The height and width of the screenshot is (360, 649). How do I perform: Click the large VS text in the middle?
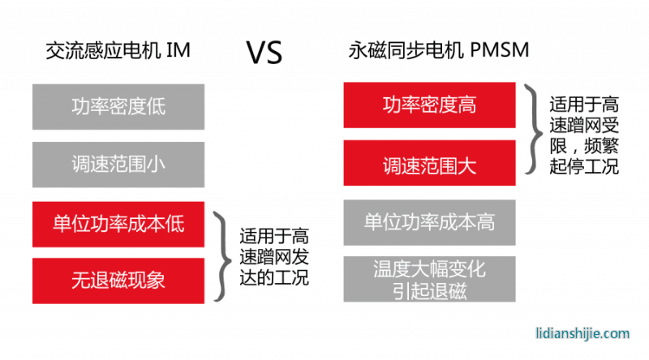click(264, 54)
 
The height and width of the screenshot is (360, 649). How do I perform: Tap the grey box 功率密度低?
click(118, 106)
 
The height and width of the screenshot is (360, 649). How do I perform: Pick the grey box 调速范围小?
click(118, 165)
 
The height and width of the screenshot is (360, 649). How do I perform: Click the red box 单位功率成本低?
click(118, 223)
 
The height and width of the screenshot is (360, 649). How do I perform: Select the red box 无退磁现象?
click(118, 281)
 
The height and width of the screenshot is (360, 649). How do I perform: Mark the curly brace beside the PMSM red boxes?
click(532, 129)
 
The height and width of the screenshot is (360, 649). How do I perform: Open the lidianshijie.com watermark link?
click(583, 333)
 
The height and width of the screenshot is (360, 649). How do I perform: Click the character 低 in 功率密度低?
click(156, 106)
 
